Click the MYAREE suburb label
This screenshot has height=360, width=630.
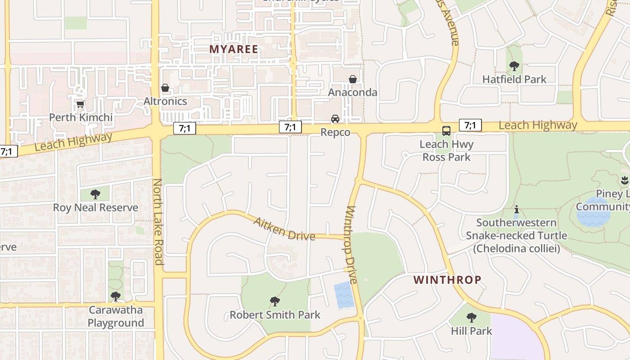234,49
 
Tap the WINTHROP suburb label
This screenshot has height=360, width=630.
447,280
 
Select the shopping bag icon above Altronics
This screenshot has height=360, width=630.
165,88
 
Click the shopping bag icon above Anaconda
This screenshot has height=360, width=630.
353,79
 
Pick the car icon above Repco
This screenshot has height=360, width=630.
335,119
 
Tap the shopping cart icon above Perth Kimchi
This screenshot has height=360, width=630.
80,104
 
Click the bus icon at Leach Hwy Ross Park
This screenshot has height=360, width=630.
446,131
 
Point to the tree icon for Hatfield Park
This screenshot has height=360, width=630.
514,67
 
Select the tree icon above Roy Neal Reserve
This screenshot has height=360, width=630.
95,194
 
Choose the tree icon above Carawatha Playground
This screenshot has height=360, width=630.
116,297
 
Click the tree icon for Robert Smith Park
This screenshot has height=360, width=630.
274,301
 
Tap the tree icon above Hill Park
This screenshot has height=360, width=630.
471,318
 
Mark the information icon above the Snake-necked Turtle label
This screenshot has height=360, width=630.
517,209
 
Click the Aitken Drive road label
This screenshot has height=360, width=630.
284,229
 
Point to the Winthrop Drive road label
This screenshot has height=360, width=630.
351,245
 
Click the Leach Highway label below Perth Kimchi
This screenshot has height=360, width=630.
73,142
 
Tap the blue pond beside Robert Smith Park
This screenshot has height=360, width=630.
344,295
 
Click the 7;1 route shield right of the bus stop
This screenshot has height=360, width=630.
470,125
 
